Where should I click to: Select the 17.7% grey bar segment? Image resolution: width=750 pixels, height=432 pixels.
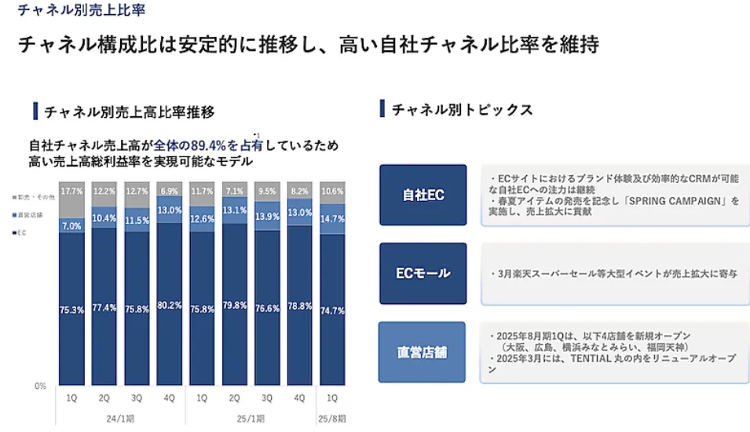(71, 191)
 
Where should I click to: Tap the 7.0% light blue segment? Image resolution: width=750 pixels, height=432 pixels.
(71, 226)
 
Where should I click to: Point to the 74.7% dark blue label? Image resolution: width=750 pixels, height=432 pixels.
(333, 311)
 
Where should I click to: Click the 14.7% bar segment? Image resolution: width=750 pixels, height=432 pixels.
(333, 219)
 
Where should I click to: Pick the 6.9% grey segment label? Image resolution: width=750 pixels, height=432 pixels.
(170, 191)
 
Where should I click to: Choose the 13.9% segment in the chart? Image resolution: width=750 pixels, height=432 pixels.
(268, 216)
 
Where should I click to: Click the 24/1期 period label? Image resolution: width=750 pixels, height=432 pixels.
(120, 417)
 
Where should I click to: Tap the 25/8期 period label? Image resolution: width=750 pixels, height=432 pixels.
(333, 417)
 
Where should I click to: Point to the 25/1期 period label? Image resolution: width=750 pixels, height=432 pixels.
(251, 417)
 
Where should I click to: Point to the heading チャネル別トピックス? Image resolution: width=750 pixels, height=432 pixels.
(462, 110)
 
